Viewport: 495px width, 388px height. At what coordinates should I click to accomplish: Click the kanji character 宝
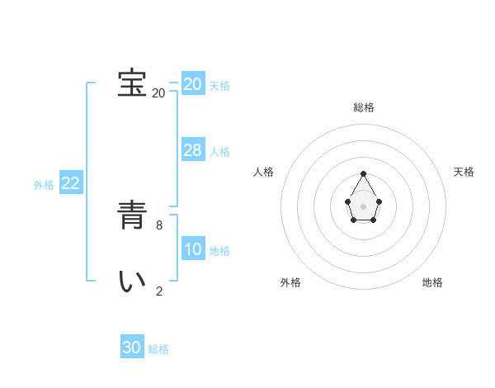[x=132, y=83]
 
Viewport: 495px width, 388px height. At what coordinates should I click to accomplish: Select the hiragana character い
[x=132, y=281]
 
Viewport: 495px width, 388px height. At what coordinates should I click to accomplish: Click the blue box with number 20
[x=193, y=84]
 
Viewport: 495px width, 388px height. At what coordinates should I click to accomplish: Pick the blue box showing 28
[x=193, y=149]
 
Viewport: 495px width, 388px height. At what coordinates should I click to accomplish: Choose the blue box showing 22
[x=70, y=183]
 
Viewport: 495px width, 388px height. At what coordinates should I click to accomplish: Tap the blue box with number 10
[x=193, y=249]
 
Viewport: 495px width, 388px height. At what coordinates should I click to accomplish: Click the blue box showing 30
[x=132, y=348]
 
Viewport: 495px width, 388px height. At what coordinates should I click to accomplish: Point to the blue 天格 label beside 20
[x=219, y=86]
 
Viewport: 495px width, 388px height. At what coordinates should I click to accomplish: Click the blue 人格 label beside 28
[x=219, y=152]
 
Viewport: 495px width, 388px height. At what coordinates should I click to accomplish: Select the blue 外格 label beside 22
[x=44, y=185]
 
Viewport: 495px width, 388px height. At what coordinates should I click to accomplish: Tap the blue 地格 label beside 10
[x=219, y=251]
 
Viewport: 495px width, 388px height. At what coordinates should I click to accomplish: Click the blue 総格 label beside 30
[x=158, y=349]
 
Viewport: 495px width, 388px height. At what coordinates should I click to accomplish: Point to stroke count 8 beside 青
[x=159, y=225]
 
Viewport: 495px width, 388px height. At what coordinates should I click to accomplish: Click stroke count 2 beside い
[x=159, y=291]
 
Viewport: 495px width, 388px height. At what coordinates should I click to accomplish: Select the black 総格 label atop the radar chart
[x=364, y=107]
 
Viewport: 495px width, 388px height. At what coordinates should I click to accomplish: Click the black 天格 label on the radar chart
[x=464, y=172]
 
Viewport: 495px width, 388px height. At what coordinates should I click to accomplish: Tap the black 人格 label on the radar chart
[x=264, y=172]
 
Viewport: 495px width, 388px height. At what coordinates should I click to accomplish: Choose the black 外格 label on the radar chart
[x=290, y=282]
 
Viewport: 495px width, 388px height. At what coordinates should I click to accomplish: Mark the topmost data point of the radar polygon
[x=364, y=173]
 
